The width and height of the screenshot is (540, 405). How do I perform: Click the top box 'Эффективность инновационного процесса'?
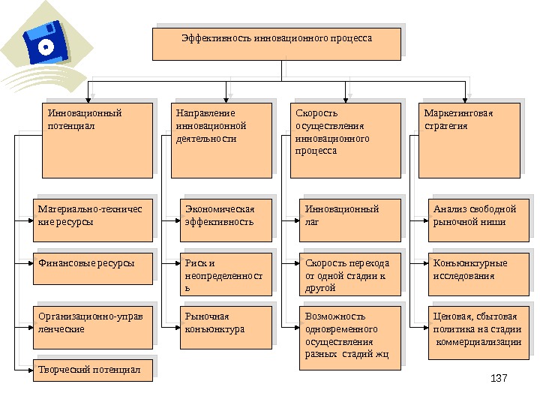click(x=276, y=44)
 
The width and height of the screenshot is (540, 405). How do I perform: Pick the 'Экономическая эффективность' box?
click(x=226, y=219)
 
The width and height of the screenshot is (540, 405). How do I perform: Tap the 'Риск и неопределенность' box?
click(x=226, y=275)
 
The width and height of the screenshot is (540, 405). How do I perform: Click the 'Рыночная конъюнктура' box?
click(x=226, y=327)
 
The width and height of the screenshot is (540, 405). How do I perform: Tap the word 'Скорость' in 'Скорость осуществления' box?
click(x=312, y=114)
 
